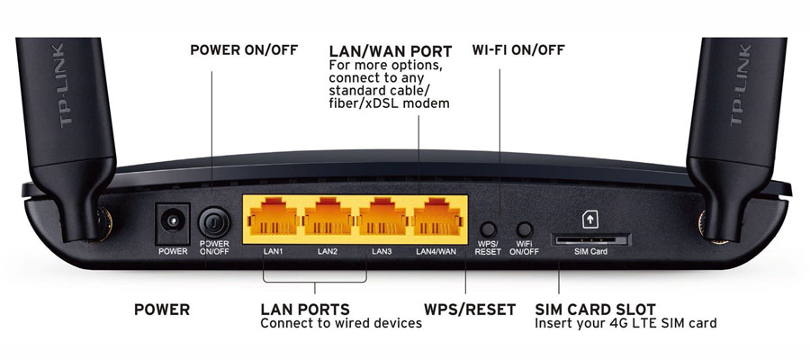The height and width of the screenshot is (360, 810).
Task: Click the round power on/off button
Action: pyautogui.click(x=214, y=223)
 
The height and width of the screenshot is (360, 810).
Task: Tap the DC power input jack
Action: pyautogui.click(x=173, y=223)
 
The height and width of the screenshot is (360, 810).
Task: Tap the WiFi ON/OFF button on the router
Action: pyautogui.click(x=525, y=229)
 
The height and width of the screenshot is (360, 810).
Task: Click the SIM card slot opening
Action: pyautogui.click(x=591, y=239)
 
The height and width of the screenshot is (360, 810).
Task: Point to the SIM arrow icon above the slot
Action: pyautogui.click(x=590, y=220)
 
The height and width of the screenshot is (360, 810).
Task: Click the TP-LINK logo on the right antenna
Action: pyautogui.click(x=739, y=85)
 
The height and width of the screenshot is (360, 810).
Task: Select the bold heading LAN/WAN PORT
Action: pyautogui.click(x=391, y=51)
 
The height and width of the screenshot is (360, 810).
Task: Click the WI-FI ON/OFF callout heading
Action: pyautogui.click(x=518, y=50)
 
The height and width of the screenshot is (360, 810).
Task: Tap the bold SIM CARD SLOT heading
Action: pyautogui.click(x=595, y=310)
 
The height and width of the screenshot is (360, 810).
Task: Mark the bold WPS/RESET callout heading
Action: pyautogui.click(x=470, y=310)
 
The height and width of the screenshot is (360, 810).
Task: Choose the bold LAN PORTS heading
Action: pyautogui.click(x=305, y=310)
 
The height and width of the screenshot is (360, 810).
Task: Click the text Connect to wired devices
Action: pyautogui.click(x=341, y=324)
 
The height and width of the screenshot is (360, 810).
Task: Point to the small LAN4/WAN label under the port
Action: pyautogui.click(x=436, y=252)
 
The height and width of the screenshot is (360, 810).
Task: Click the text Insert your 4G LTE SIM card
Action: pyautogui.click(x=625, y=324)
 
